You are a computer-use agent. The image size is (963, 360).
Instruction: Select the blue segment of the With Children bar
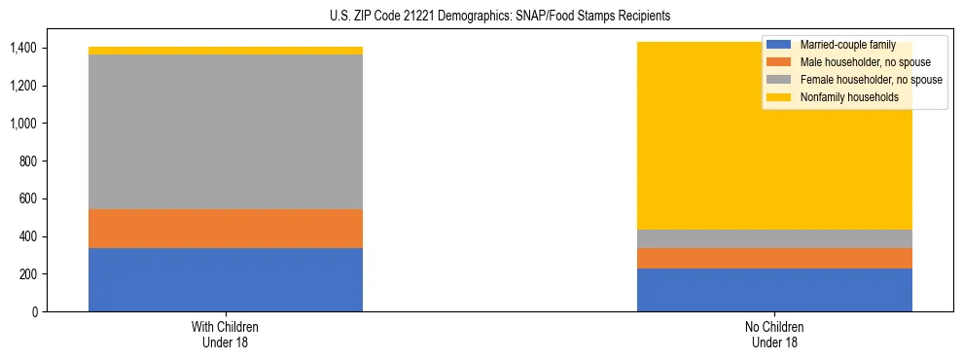[x=226, y=280]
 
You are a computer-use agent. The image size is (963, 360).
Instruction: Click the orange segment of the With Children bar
[x=226, y=229]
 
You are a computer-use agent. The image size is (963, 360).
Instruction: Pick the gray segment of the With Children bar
[x=226, y=131]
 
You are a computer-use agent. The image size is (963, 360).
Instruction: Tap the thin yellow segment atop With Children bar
[x=226, y=51]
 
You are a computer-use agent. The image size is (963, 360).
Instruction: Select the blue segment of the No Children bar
[x=774, y=290]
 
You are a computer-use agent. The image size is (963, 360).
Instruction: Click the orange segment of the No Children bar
[x=774, y=258]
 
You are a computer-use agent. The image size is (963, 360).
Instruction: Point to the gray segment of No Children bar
[x=774, y=238]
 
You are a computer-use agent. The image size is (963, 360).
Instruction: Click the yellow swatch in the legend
[x=779, y=97]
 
